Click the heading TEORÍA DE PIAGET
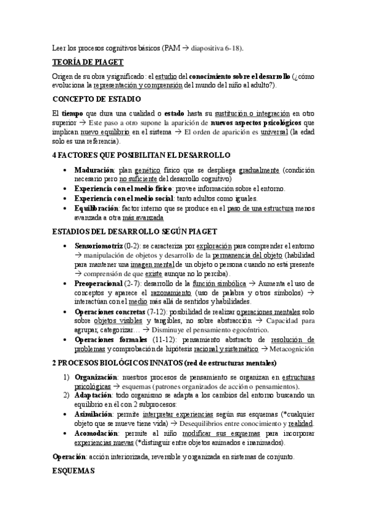(88, 62)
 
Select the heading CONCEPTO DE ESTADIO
(96, 99)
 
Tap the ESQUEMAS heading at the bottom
(72, 472)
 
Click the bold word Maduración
(94, 170)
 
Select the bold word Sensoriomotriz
(97, 245)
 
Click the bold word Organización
(99, 378)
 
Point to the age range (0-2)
(131, 245)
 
